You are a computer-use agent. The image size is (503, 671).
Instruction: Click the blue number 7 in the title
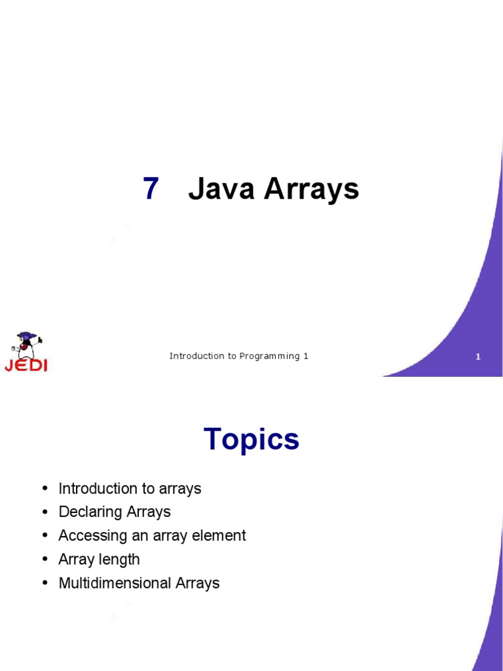[151, 190]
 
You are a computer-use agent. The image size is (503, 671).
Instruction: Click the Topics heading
[251, 440]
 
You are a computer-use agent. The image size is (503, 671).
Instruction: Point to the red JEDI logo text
[26, 365]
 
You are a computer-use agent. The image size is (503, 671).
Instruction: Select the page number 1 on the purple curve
[478, 357]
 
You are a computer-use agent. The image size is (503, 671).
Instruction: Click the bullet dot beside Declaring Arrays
[45, 512]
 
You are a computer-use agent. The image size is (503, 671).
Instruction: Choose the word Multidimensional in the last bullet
[115, 583]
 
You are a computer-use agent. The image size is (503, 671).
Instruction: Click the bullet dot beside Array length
[45, 560]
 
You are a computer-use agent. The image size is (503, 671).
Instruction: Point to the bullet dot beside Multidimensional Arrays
[45, 583]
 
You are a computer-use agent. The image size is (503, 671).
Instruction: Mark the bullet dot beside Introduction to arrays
[45, 489]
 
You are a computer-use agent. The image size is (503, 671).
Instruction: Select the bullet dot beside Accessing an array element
[45, 536]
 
